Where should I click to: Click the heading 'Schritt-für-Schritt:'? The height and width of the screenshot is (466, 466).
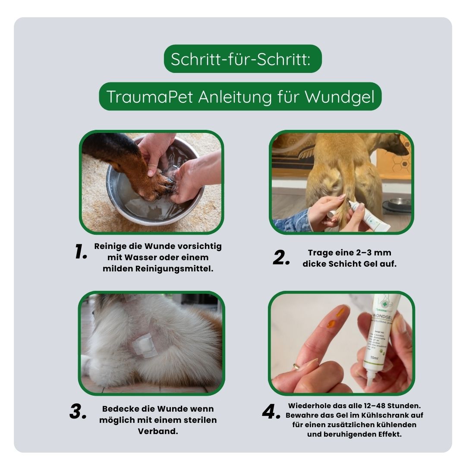coord(240,59)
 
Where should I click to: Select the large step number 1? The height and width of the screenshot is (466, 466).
coord(81,252)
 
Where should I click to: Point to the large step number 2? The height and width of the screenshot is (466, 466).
coord(282,258)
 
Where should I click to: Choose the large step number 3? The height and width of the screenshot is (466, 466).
coord(79,412)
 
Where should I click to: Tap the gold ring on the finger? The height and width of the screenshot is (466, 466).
coord(296,366)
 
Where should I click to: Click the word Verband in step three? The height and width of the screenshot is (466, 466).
coord(158,431)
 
